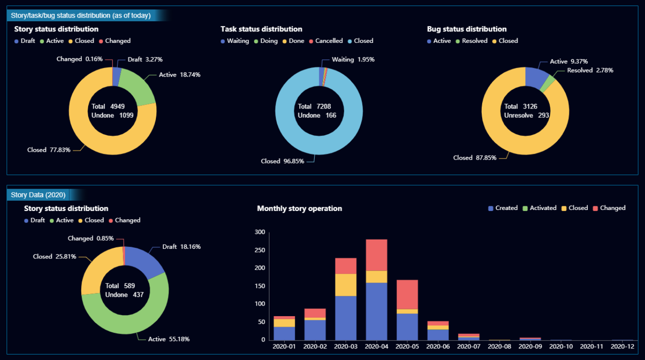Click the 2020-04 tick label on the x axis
(x=376, y=346)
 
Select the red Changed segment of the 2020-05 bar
(x=407, y=294)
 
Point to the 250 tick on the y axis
(x=260, y=250)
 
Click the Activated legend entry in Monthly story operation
(x=539, y=208)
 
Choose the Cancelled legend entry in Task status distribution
(x=326, y=41)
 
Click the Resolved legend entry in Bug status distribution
(x=472, y=41)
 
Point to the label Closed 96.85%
(x=282, y=161)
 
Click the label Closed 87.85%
(x=475, y=158)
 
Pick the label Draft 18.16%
(x=181, y=247)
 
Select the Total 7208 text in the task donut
(x=314, y=107)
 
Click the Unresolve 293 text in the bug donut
(x=526, y=115)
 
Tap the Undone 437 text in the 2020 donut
(x=124, y=295)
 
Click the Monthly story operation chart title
(x=299, y=209)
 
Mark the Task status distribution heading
(x=261, y=29)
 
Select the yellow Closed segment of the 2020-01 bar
(x=284, y=323)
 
